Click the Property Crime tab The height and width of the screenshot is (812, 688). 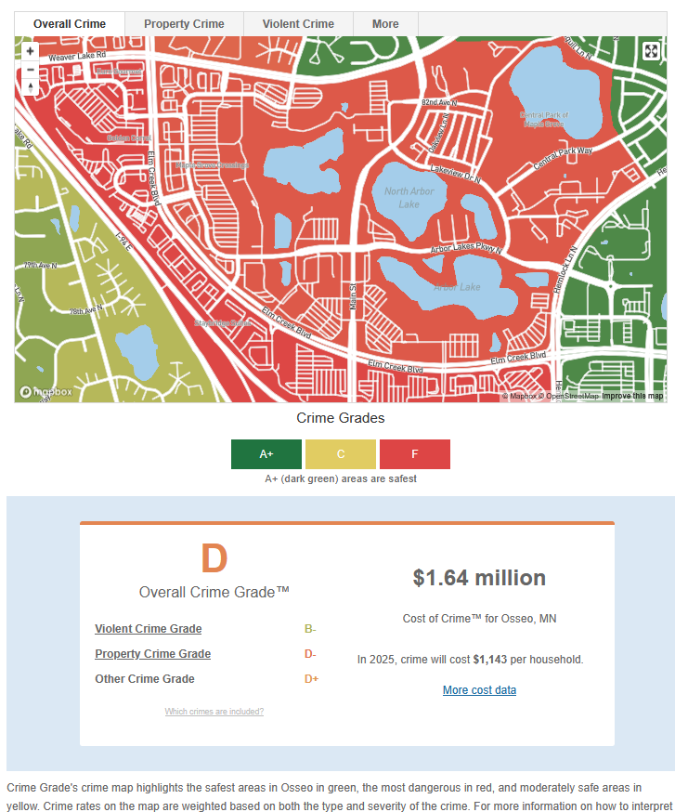tap(184, 24)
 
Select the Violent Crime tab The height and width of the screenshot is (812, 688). tap(298, 24)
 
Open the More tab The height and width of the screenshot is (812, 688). tap(385, 24)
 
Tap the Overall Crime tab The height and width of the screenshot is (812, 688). tap(70, 24)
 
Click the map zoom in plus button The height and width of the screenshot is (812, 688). tap(31, 52)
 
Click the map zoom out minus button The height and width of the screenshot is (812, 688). tap(31, 70)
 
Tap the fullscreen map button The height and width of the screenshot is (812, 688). tap(651, 52)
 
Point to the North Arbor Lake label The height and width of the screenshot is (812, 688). tap(409, 198)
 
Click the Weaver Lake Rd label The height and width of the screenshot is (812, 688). tap(78, 58)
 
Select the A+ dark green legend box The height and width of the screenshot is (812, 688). tap(266, 454)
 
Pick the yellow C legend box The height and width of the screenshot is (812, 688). tap(341, 454)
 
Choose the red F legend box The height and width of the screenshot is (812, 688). tap(415, 454)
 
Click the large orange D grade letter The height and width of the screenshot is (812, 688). tap(214, 558)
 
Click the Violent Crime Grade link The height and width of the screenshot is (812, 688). tap(149, 629)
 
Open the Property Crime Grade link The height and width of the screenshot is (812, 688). tap(153, 654)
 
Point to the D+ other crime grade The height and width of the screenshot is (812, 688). tap(311, 679)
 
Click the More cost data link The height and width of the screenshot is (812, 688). tap(479, 690)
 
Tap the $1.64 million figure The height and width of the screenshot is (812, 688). tap(479, 578)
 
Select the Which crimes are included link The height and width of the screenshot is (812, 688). tap(214, 712)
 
